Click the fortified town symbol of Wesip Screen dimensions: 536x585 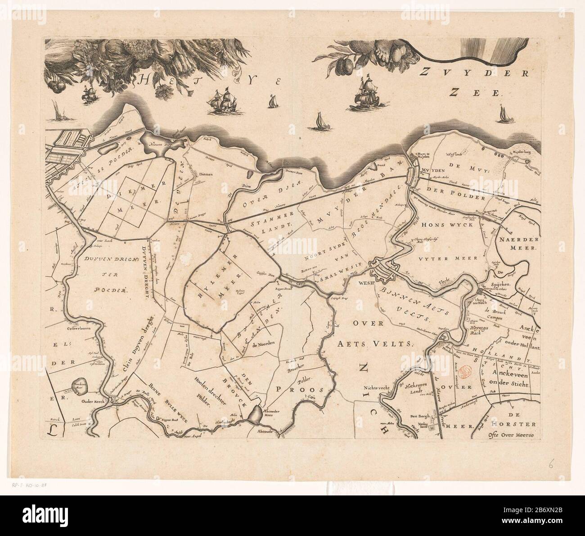(382, 272)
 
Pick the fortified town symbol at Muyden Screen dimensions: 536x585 (413, 174)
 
